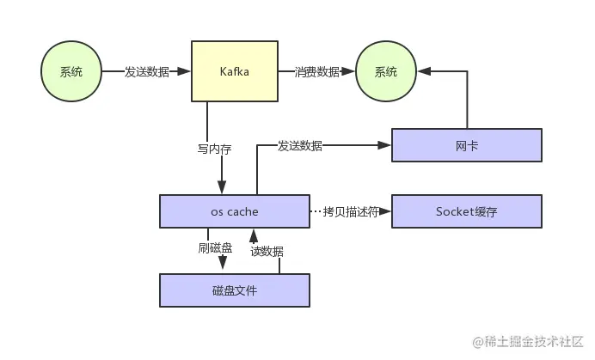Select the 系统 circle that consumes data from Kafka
click(387, 72)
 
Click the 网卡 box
click(467, 145)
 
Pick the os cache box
click(234, 211)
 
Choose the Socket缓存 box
click(467, 211)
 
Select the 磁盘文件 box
click(234, 290)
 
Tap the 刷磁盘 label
click(215, 248)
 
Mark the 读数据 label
click(267, 251)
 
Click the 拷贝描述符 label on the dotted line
click(350, 211)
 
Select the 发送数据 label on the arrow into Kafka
click(146, 72)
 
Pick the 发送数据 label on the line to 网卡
click(300, 145)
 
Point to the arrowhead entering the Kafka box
click(185, 72)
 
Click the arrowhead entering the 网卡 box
click(386, 145)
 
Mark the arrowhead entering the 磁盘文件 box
click(222, 268)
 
